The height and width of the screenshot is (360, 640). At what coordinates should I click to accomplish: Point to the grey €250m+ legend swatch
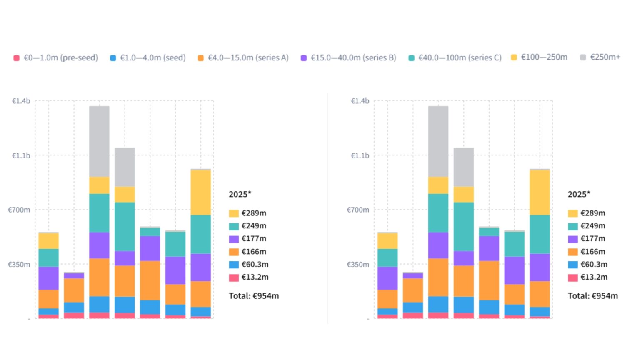click(x=583, y=57)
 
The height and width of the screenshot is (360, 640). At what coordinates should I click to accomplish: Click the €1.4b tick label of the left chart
click(x=21, y=101)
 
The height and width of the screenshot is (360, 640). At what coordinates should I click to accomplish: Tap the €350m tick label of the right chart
click(x=358, y=264)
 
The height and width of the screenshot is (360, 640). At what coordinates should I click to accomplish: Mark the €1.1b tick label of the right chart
click(x=360, y=155)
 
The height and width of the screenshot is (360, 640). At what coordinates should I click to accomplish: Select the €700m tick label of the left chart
click(x=19, y=210)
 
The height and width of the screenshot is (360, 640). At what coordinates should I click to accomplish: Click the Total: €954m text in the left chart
click(x=254, y=296)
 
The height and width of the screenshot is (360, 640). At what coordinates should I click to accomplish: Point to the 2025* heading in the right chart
click(x=579, y=194)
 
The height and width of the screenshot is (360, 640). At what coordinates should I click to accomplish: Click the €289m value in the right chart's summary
click(x=592, y=213)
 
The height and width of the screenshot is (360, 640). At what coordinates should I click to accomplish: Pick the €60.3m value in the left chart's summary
click(x=255, y=264)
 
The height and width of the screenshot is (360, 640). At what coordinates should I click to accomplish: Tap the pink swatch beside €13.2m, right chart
click(x=572, y=277)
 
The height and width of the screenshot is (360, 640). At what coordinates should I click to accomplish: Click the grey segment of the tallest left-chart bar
click(x=99, y=141)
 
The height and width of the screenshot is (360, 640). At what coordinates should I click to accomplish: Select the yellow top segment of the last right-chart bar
click(x=540, y=192)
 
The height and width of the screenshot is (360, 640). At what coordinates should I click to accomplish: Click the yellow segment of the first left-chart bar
click(x=48, y=240)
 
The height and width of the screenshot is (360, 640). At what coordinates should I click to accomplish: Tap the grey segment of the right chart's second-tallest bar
click(x=463, y=167)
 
